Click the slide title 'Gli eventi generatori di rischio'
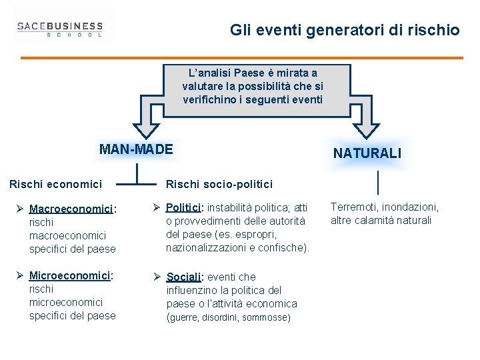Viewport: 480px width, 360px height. (x=345, y=30)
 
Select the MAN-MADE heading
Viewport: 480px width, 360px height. (x=135, y=149)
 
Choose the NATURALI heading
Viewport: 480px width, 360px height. (x=367, y=153)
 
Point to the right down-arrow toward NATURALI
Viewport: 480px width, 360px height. (x=366, y=119)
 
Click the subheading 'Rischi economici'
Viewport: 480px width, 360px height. (x=55, y=183)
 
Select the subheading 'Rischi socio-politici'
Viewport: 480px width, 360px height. (x=219, y=183)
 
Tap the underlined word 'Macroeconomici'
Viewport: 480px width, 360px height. (x=72, y=209)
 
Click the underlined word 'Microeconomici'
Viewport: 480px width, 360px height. (x=70, y=275)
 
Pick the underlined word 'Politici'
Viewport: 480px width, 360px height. (x=183, y=207)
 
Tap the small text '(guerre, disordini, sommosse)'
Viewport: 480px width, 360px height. (x=229, y=318)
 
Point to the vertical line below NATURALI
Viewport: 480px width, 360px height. (x=378, y=182)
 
